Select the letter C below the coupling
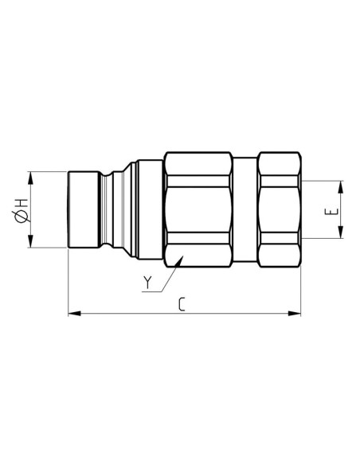[x=183, y=303]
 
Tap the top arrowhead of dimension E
[x=341, y=187]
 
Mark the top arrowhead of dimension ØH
[x=32, y=175]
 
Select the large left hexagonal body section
[x=199, y=209]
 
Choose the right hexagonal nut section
[x=280, y=209]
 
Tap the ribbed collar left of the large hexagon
[x=147, y=209]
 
